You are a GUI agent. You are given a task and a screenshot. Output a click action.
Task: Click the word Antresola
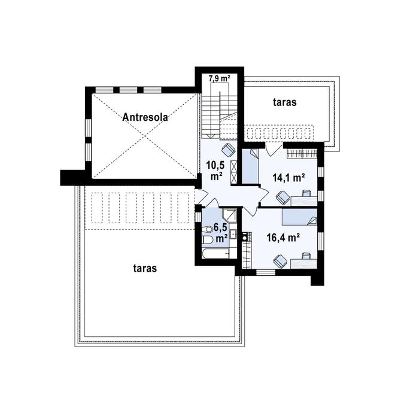[x=145, y=117]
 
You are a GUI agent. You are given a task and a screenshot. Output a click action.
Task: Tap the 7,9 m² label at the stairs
[x=220, y=78]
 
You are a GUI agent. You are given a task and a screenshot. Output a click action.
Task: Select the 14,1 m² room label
[x=288, y=178]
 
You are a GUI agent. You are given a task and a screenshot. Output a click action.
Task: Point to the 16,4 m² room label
[x=283, y=238]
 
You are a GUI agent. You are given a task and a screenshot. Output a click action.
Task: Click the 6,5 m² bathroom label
[x=221, y=233]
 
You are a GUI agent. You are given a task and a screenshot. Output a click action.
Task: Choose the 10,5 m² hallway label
[x=215, y=171]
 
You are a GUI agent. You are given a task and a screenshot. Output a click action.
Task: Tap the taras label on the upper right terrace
[x=285, y=102]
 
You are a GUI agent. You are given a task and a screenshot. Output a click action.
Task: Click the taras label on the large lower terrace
[x=145, y=268]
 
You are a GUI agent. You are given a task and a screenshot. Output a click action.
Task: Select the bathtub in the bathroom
[x=216, y=253]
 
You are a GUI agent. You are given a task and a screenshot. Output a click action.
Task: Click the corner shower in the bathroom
[x=229, y=214]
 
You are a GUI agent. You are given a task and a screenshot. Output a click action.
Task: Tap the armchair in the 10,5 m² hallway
[x=228, y=150]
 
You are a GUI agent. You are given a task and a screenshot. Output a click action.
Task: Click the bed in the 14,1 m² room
[x=250, y=166]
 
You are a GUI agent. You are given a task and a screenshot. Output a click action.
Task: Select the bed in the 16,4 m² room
[x=299, y=217]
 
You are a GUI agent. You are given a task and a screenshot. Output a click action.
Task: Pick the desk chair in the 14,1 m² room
[x=306, y=193]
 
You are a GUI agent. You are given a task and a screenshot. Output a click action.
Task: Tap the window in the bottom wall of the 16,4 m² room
[x=266, y=272]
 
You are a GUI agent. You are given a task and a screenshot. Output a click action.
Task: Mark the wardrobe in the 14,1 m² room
[x=302, y=153]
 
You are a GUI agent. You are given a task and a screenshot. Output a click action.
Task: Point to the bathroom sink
[x=233, y=234]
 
